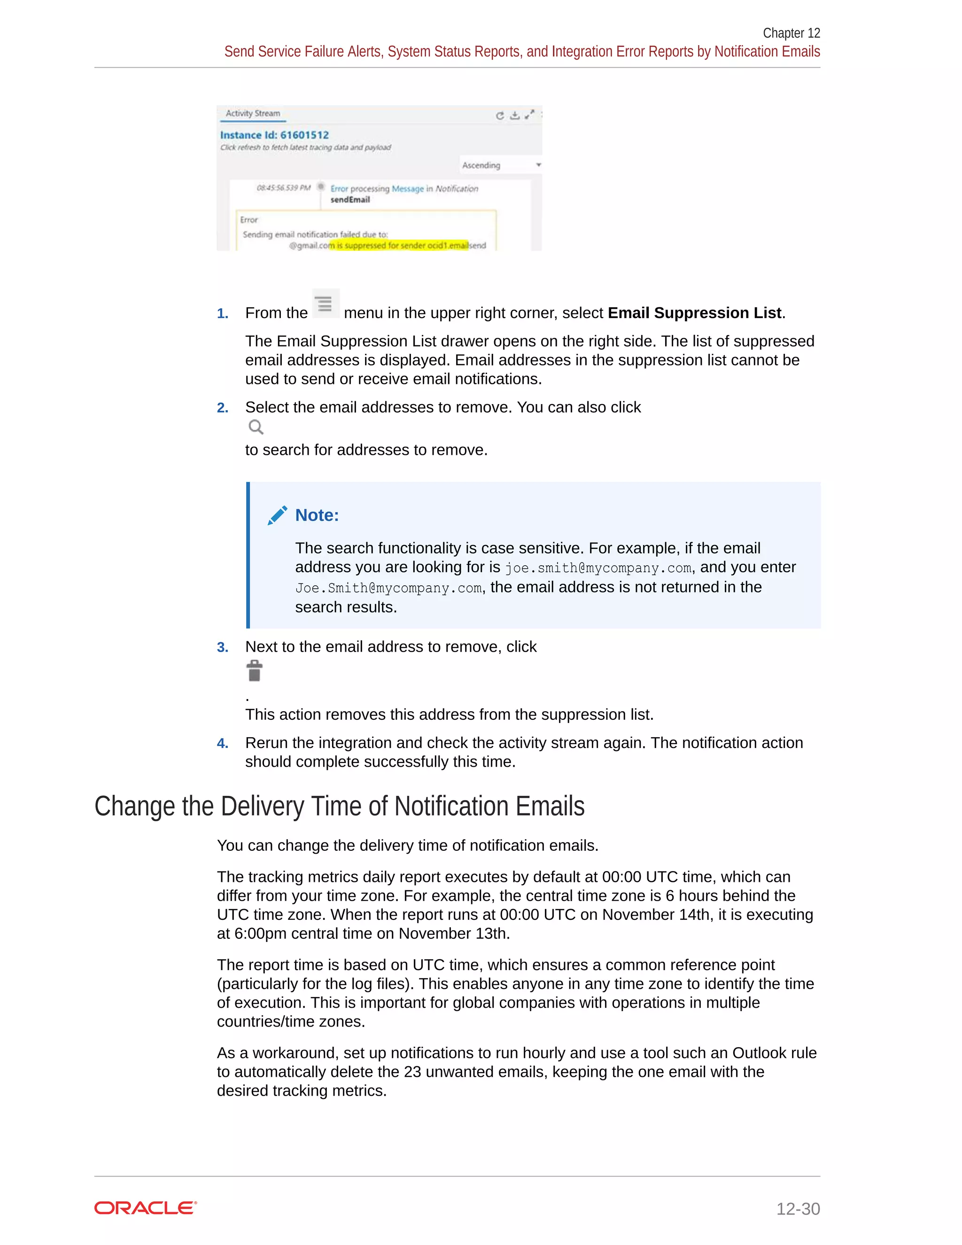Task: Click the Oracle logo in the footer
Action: point(145,1208)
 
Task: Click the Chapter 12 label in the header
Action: point(791,33)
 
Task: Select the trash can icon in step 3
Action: point(255,671)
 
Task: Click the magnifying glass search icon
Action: point(256,427)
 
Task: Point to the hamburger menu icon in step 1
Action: point(325,303)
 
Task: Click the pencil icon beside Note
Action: point(278,515)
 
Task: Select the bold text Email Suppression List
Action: point(695,313)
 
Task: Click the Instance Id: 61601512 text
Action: point(275,135)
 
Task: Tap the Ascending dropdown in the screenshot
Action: point(500,165)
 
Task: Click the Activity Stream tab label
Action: point(252,113)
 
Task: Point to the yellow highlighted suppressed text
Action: point(399,246)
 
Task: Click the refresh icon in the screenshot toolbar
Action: point(500,116)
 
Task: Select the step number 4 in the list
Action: point(222,743)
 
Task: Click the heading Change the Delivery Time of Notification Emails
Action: point(339,807)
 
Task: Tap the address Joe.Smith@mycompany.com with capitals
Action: point(388,588)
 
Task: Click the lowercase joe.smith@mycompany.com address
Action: point(598,568)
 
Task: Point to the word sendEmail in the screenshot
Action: point(350,200)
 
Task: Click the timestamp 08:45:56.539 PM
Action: point(284,187)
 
